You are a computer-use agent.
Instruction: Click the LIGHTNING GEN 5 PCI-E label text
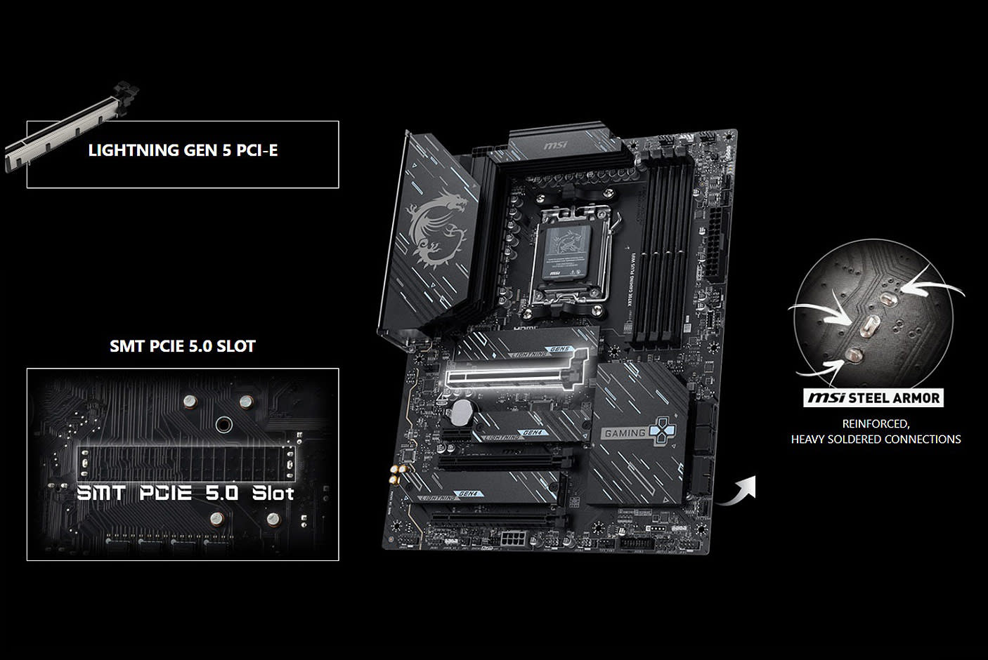(183, 150)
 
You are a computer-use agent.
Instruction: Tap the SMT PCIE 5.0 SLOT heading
(183, 346)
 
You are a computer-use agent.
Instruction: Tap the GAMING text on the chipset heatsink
(624, 433)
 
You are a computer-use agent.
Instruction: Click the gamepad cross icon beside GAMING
(660, 432)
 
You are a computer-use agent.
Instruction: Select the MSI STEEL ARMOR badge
(873, 398)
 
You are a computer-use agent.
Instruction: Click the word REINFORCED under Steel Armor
(876, 424)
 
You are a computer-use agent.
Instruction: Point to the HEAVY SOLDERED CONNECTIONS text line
(876, 440)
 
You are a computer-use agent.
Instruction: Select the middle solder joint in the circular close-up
(870, 325)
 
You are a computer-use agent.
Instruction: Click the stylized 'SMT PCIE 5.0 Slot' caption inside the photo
(185, 493)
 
